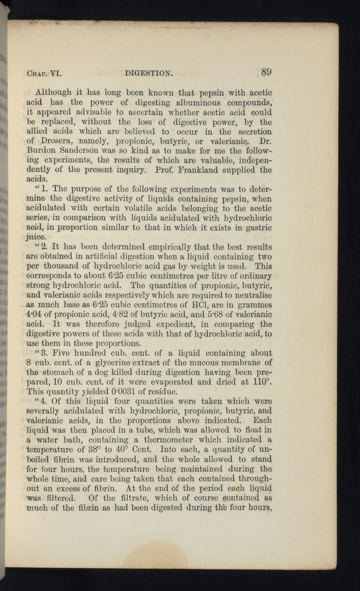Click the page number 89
(x=267, y=72)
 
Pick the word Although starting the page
(x=54, y=93)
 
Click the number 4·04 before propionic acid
(x=34, y=315)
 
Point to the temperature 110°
(x=263, y=382)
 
